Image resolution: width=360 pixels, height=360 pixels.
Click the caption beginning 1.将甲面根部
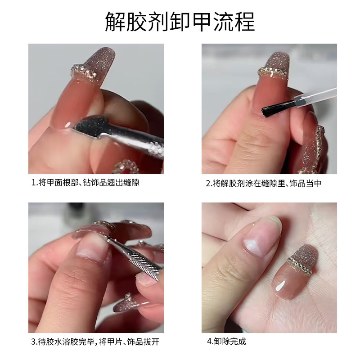89,184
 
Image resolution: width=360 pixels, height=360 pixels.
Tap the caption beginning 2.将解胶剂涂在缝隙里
263,184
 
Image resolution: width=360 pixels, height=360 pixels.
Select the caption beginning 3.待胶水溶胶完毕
95,342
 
